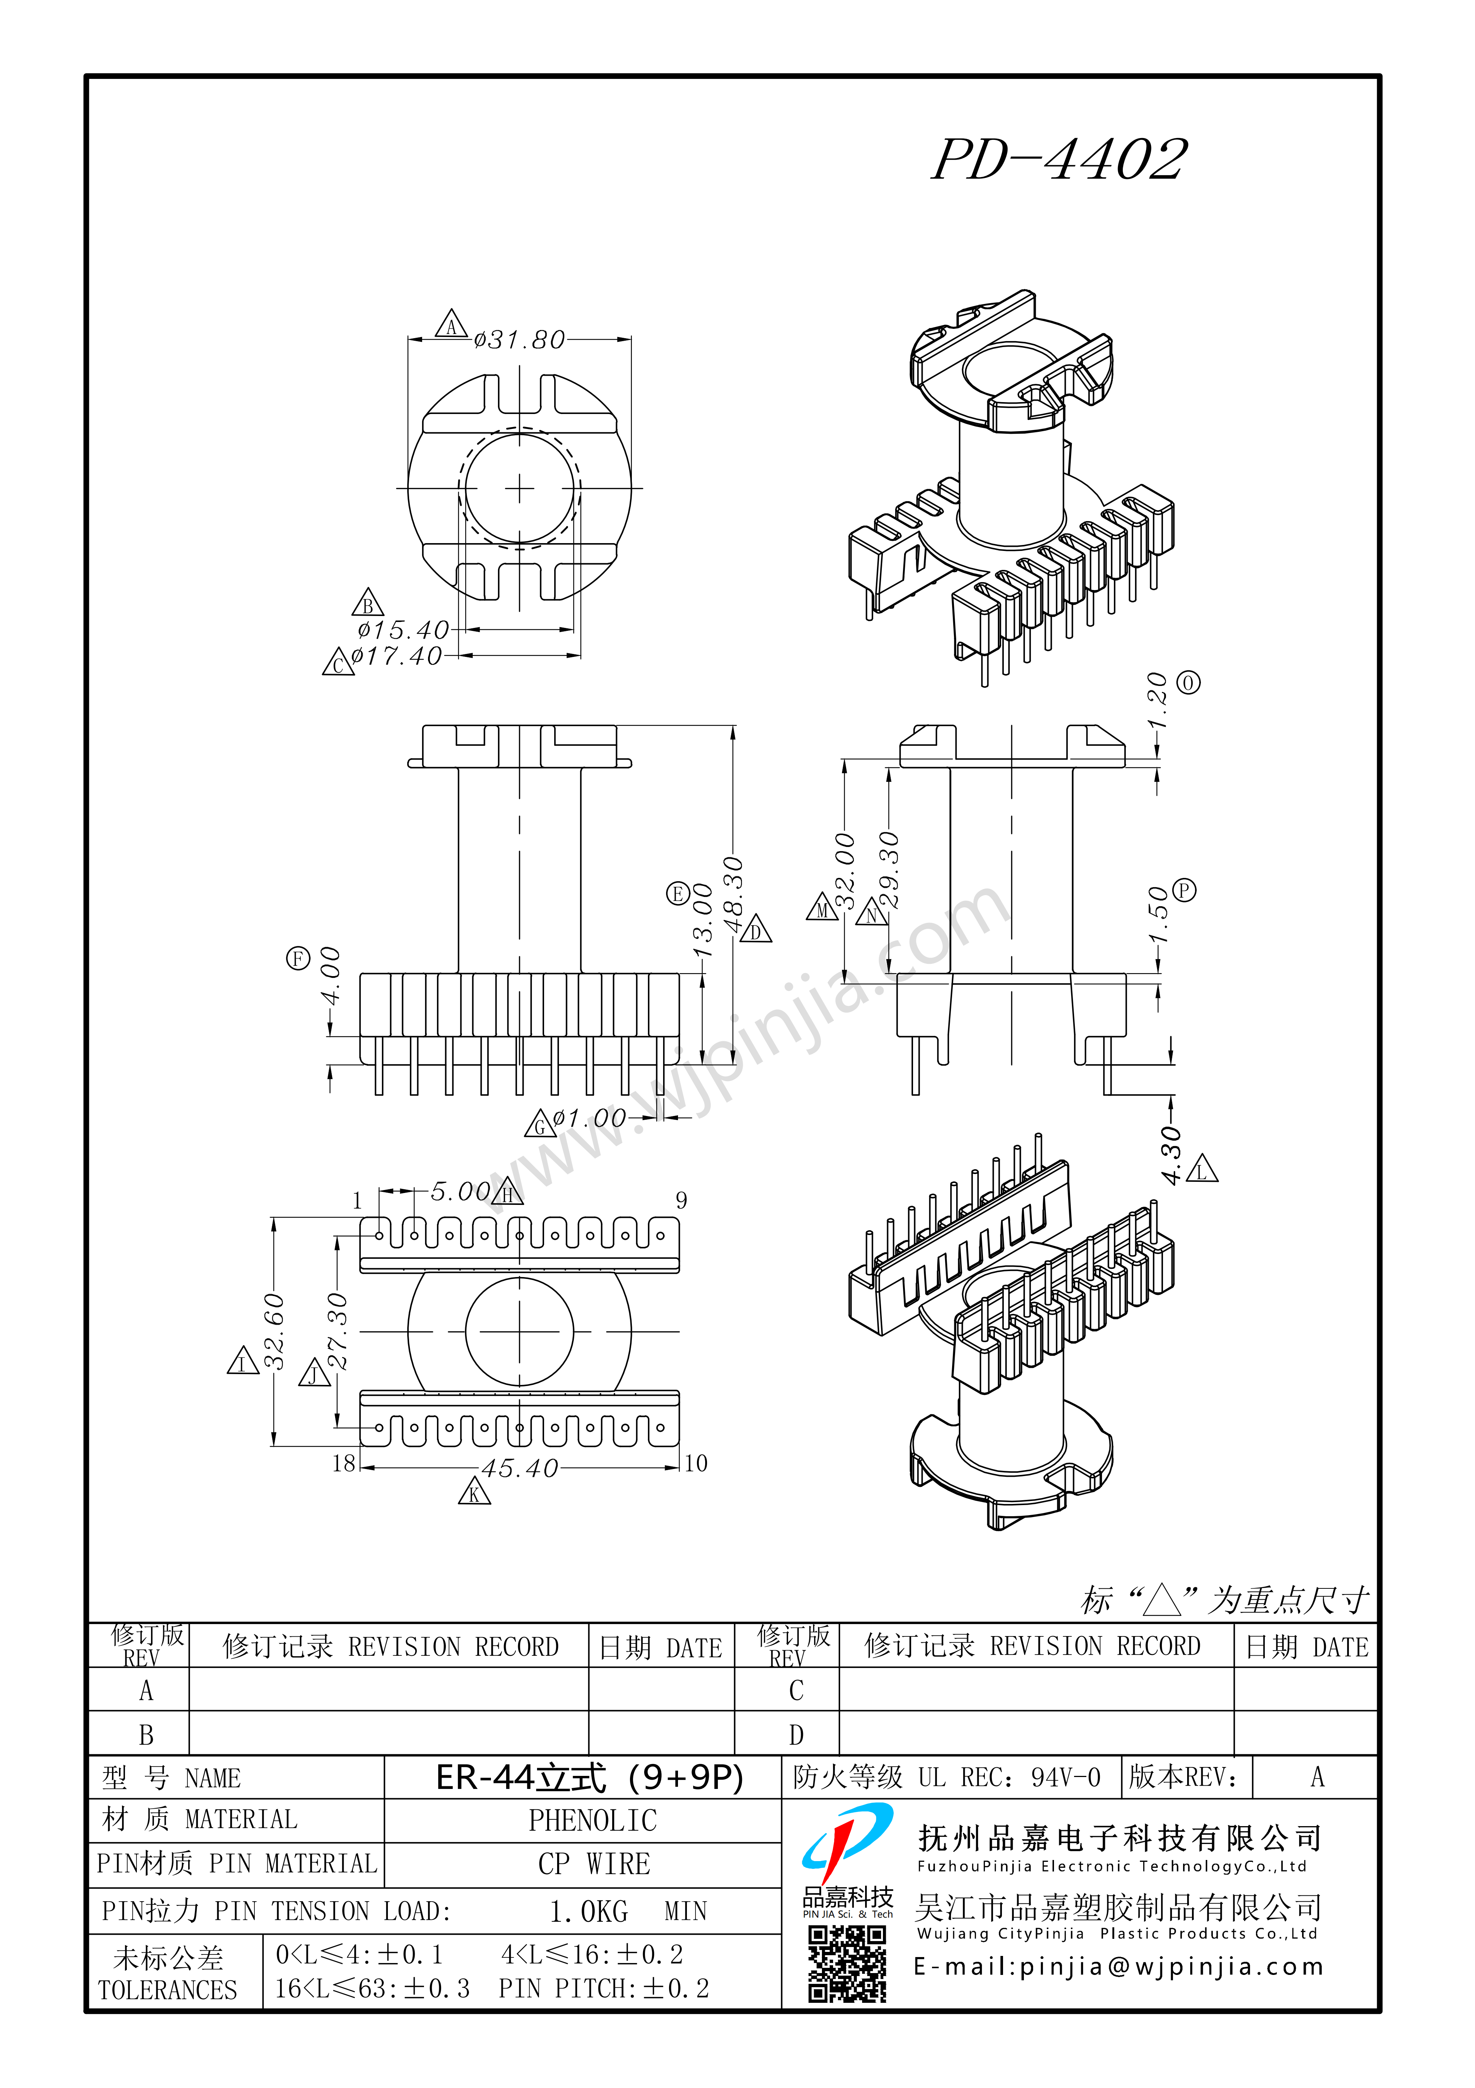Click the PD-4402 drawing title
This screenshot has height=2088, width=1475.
[1060, 160]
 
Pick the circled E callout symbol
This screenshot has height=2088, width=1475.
[678, 894]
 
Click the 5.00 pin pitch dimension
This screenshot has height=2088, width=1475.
[460, 1191]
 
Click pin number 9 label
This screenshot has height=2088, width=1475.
[681, 1200]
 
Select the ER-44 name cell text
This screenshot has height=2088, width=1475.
[589, 1777]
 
